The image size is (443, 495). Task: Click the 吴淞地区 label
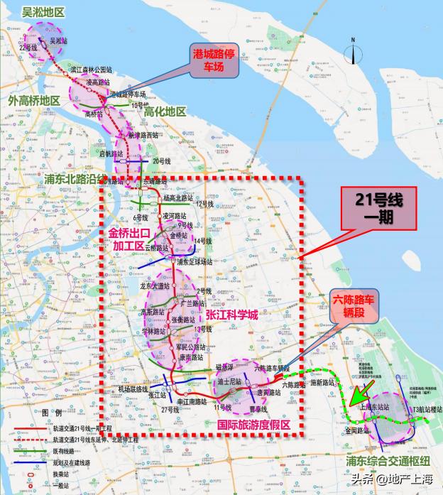tap(43, 12)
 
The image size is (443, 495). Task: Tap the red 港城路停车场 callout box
tap(217, 60)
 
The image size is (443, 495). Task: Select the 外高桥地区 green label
tap(34, 101)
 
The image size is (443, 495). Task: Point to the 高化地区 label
tap(165, 112)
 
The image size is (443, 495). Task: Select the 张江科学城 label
tap(231, 314)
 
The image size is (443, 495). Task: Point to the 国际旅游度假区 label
tap(253, 424)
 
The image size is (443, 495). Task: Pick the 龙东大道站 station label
tap(155, 285)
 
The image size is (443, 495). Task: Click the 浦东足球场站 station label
tap(195, 261)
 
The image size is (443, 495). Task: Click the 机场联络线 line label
tap(133, 389)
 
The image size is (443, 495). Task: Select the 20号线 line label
tap(162, 161)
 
